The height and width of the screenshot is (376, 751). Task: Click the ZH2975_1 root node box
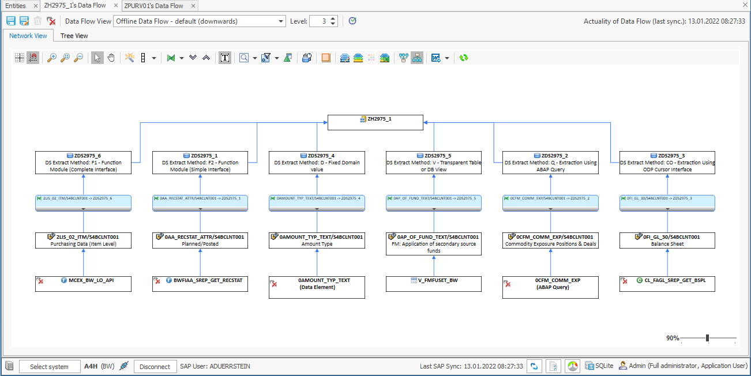click(375, 122)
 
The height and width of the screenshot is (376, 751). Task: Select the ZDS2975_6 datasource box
click(83, 163)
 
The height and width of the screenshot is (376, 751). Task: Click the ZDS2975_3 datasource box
click(667, 163)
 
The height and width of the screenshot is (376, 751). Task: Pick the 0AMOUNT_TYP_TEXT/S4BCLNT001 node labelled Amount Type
click(317, 240)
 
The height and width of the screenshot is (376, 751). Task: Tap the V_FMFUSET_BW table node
click(433, 284)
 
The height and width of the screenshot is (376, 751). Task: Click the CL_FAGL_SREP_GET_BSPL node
click(667, 284)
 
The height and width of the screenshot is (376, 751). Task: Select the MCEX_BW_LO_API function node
click(83, 284)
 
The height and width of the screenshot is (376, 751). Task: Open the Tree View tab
click(74, 36)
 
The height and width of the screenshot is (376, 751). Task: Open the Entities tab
click(16, 6)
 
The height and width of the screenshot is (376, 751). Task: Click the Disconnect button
click(155, 367)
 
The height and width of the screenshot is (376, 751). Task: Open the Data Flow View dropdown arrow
click(281, 21)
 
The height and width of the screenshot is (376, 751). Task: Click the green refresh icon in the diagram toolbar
click(464, 58)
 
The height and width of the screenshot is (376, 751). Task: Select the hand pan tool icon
click(111, 58)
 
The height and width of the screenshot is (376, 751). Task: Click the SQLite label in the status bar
click(604, 366)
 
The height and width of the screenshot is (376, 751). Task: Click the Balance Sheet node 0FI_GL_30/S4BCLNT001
click(667, 240)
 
